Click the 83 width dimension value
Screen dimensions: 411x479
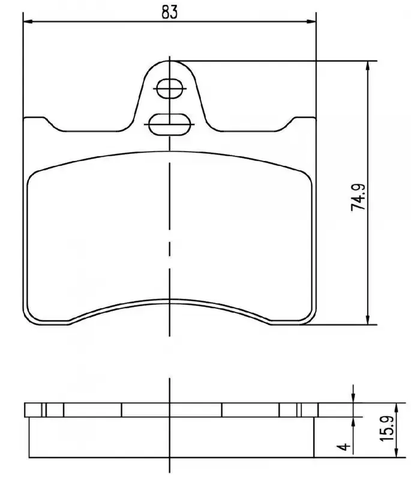pos(170,12)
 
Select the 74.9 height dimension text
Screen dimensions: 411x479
pos(358,197)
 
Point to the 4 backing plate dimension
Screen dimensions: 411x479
pos(344,446)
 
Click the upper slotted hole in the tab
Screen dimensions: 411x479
pos(170,89)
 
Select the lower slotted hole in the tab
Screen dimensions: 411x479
pos(170,125)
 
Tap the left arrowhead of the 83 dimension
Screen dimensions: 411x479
pos(28,22)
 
